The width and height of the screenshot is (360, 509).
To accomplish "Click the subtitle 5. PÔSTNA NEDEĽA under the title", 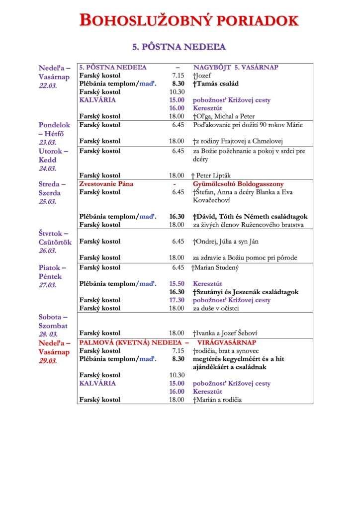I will coord(179,47).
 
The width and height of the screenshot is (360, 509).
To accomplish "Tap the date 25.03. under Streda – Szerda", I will coord(48,202).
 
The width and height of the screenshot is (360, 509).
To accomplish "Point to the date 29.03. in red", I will coord(48,361).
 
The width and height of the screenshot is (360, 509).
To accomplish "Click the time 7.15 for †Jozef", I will coord(178,75).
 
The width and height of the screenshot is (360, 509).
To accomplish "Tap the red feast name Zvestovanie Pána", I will coord(106,184).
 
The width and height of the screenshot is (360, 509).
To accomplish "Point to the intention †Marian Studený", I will coord(215,268).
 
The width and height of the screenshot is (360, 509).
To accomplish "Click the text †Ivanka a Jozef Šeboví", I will coord(225,333).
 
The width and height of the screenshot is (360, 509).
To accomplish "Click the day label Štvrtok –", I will coord(53,233).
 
